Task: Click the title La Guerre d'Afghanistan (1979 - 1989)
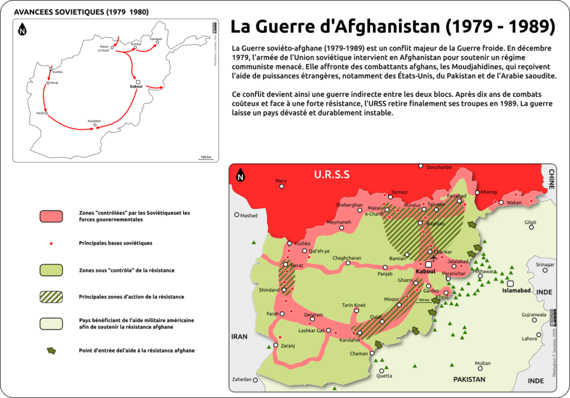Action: click(393, 26)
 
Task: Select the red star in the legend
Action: click(51, 243)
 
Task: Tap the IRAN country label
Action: click(239, 337)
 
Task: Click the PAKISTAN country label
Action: click(469, 380)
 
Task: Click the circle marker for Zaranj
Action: click(276, 345)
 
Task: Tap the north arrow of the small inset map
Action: click(23, 28)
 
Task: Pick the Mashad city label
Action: click(249, 215)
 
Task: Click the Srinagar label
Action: click(545, 264)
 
